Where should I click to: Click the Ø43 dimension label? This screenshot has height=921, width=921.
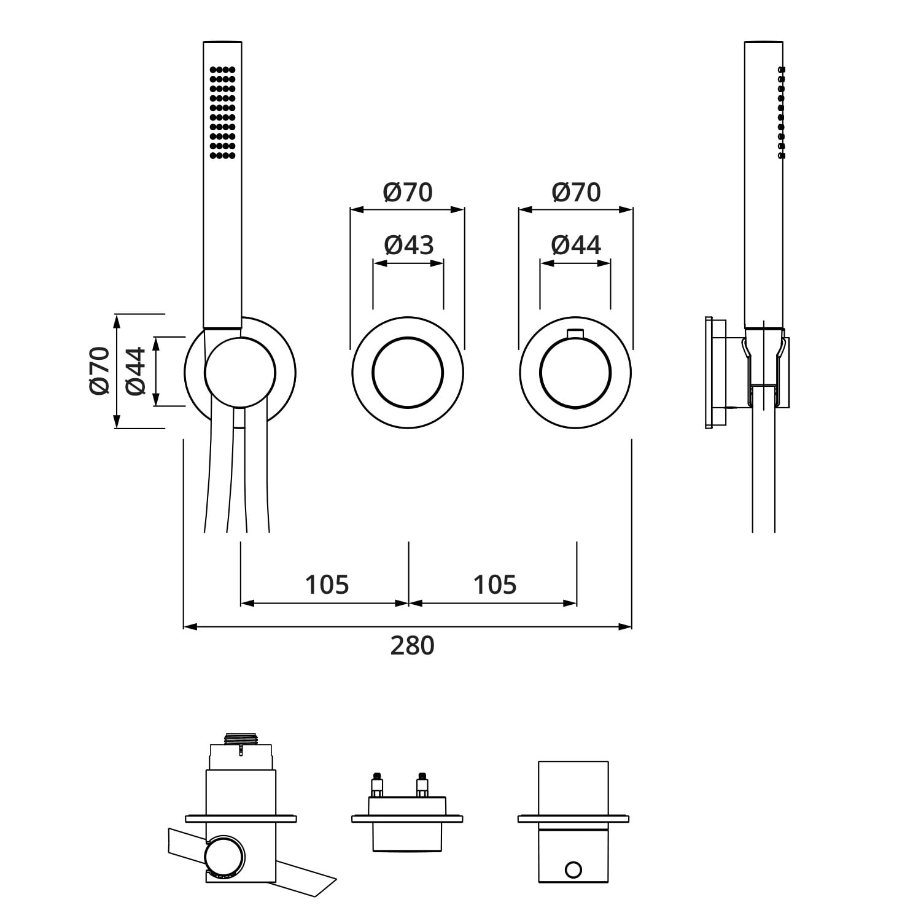coord(409,245)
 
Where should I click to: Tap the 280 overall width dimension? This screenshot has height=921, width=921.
coord(412,645)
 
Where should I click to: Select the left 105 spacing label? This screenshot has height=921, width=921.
coord(327,585)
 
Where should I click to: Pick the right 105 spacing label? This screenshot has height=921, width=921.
coord(494,585)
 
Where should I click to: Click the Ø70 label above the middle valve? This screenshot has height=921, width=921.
coord(408,192)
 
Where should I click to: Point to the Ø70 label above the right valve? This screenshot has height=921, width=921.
coord(576,192)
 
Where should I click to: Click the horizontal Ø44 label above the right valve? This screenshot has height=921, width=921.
coord(576,245)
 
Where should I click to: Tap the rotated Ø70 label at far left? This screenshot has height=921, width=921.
coord(99,371)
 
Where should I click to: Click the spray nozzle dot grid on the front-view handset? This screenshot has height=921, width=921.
coord(222,112)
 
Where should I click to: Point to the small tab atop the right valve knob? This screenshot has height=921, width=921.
coord(575,333)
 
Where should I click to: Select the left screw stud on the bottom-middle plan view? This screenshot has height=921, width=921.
coord(377,784)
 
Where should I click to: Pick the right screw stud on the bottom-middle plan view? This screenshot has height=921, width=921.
coord(422,784)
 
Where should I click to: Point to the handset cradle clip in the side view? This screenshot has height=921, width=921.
coord(764,368)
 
